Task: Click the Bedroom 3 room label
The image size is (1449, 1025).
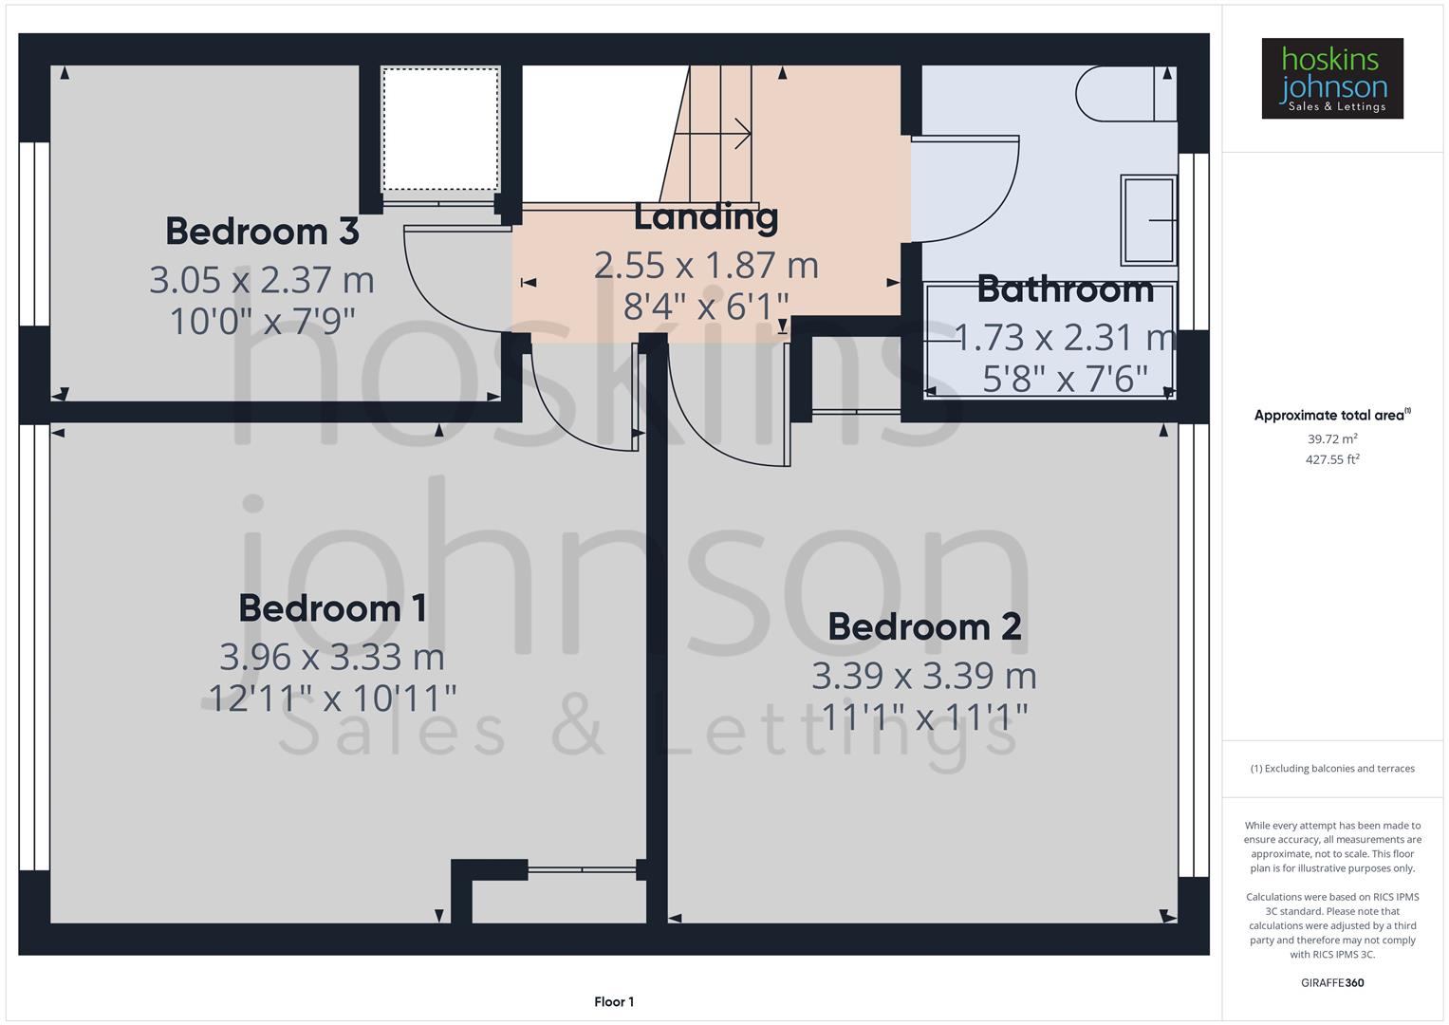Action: pyautogui.click(x=262, y=232)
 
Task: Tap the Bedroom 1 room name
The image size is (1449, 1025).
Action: pyautogui.click(x=332, y=608)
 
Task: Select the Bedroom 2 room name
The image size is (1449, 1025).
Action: pyautogui.click(x=924, y=627)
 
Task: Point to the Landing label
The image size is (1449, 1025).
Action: pyautogui.click(x=706, y=217)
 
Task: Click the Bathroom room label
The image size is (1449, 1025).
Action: pyautogui.click(x=1065, y=289)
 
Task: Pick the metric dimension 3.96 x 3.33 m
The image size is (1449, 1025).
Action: pyautogui.click(x=332, y=657)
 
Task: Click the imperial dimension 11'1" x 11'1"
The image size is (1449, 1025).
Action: pyautogui.click(x=924, y=717)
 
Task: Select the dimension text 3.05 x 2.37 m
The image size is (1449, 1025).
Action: pyautogui.click(x=262, y=280)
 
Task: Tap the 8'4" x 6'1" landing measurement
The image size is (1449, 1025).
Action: pyautogui.click(x=706, y=307)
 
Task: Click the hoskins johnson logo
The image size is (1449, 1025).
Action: pyautogui.click(x=1331, y=79)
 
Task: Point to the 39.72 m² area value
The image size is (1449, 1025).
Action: pyautogui.click(x=1332, y=439)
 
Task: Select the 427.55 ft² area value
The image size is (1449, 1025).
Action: pyautogui.click(x=1332, y=460)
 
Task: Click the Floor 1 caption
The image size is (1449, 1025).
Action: pyautogui.click(x=614, y=1002)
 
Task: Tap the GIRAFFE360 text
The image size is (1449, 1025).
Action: pyautogui.click(x=1332, y=983)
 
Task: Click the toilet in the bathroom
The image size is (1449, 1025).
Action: pyautogui.click(x=1120, y=93)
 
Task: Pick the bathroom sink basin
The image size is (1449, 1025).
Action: pyautogui.click(x=1148, y=220)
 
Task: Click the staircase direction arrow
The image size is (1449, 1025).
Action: pyautogui.click(x=727, y=134)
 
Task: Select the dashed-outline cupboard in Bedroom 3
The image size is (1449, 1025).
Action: pyautogui.click(x=440, y=129)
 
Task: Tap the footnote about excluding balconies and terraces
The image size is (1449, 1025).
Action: pyautogui.click(x=1332, y=769)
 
